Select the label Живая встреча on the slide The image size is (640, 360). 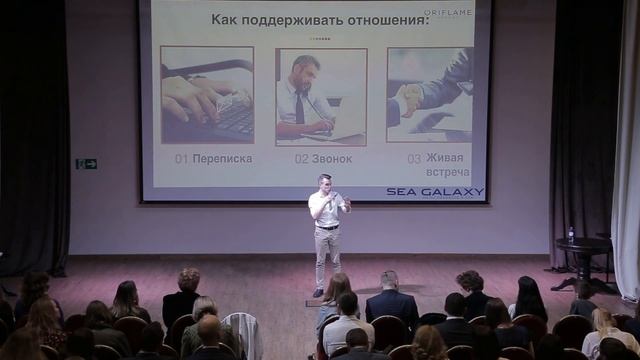click(447, 165)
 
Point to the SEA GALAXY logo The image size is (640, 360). click(435, 192)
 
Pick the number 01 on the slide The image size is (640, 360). click(181, 158)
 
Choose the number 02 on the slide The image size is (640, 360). click(301, 158)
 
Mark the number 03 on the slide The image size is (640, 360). click(414, 158)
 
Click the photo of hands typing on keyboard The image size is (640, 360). click(208, 95)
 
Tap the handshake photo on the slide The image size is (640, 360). click(430, 95)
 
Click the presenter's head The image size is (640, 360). click(323, 182)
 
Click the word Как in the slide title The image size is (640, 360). click(227, 19)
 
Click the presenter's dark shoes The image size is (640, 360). click(319, 292)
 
